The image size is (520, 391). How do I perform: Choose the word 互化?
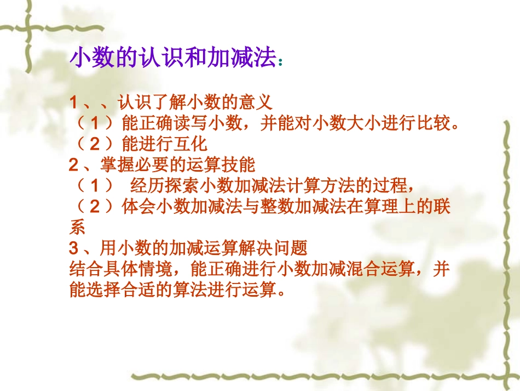click(192, 144)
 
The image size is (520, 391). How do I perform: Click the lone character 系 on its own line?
click(78, 226)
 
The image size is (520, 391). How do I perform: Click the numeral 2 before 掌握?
click(74, 165)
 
